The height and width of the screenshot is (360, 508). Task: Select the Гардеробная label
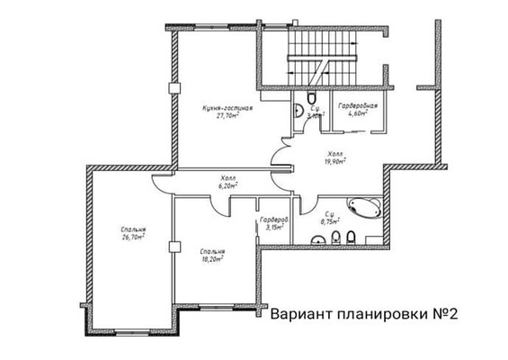tap(357, 106)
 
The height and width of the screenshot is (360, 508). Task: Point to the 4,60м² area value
tap(357, 114)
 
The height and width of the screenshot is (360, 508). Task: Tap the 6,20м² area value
tap(227, 186)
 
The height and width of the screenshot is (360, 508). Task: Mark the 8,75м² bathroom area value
tap(330, 220)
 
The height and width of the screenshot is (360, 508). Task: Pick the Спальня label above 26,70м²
tap(134, 230)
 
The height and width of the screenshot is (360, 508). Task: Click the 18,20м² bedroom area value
tap(213, 258)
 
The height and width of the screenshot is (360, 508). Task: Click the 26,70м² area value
tap(134, 238)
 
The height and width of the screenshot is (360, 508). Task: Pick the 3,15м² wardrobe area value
tap(273, 228)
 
